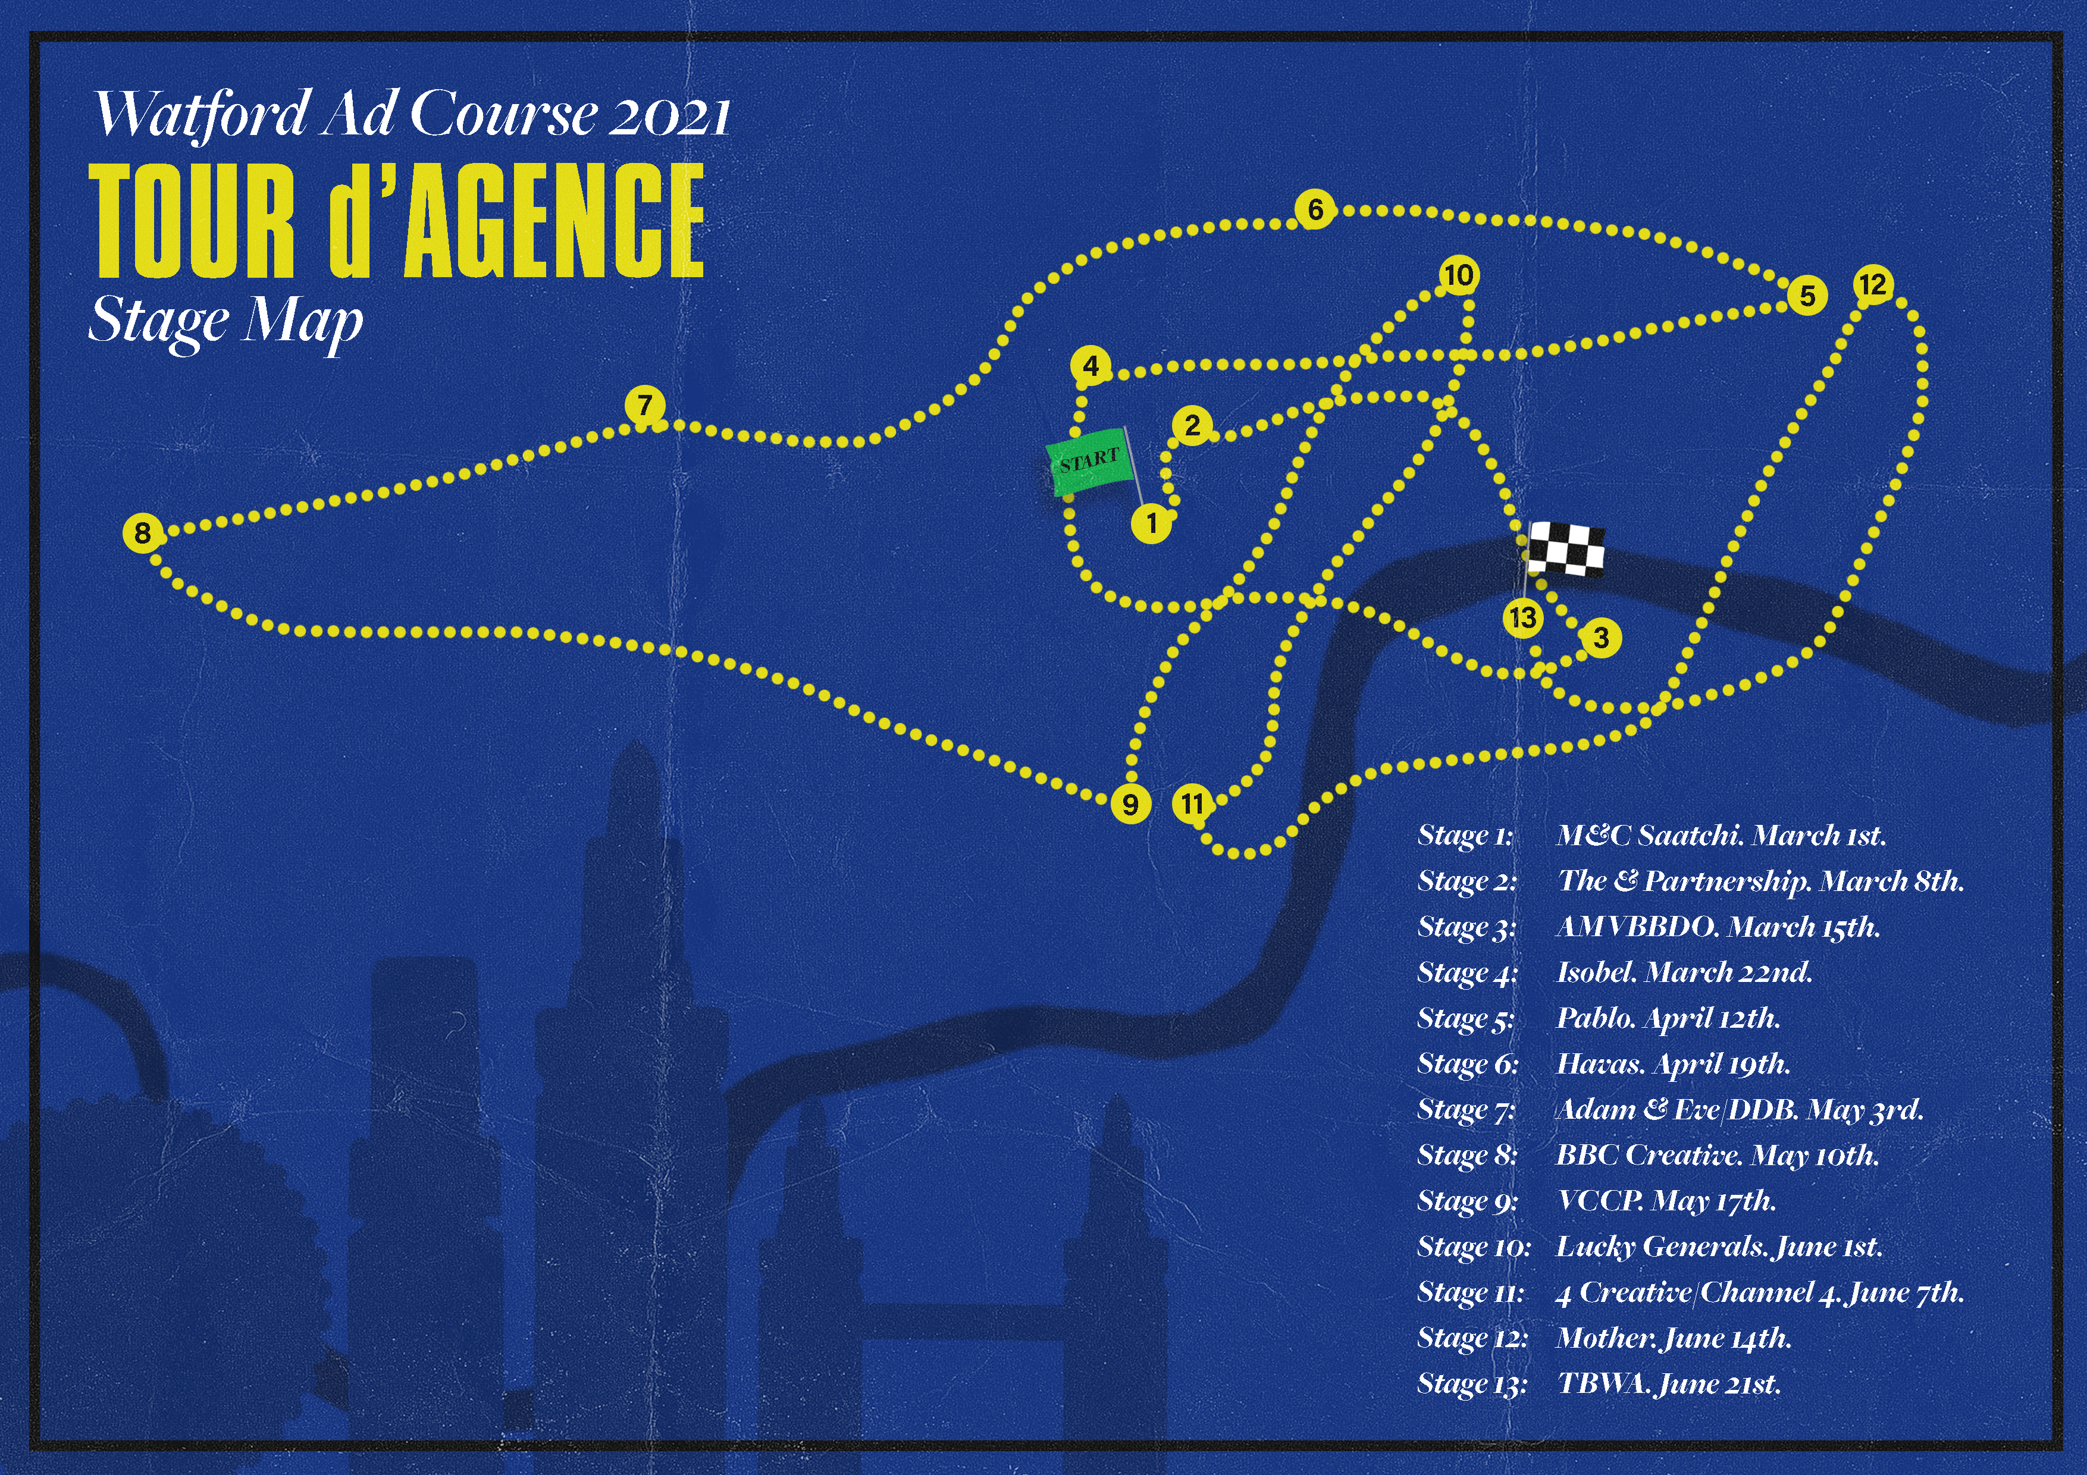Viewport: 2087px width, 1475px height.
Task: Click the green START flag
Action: (1089, 465)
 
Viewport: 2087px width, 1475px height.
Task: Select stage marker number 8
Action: (142, 532)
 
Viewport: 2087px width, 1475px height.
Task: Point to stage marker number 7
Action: (644, 404)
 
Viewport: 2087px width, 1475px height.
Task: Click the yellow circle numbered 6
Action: (1315, 210)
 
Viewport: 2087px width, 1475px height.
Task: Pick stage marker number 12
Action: (1872, 284)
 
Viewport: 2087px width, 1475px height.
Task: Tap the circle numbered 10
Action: (1459, 274)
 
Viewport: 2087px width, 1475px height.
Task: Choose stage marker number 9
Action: (1130, 804)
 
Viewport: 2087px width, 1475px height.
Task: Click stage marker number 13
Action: (1522, 618)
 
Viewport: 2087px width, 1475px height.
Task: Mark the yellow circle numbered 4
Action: (1090, 366)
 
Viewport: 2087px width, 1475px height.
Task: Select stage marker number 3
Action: (1602, 638)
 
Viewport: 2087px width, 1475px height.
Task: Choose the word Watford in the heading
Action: (202, 115)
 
